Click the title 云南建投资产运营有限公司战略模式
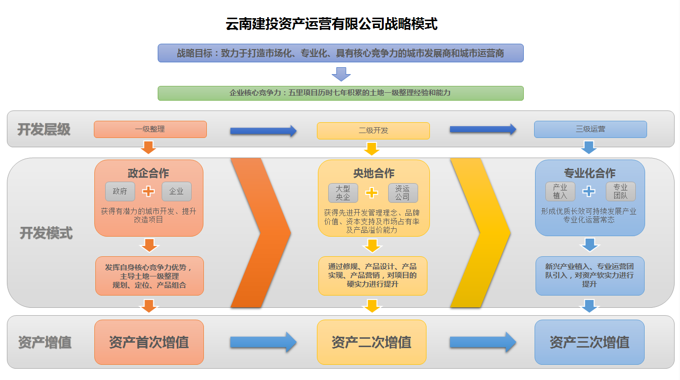(x=332, y=24)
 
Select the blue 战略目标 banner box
(x=340, y=53)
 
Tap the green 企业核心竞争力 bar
(x=340, y=93)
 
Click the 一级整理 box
(x=150, y=130)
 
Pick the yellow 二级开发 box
(x=373, y=131)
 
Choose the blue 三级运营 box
(x=590, y=130)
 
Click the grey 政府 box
(x=120, y=191)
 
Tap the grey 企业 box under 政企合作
(x=176, y=191)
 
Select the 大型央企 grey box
(x=343, y=193)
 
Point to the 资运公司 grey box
(x=402, y=193)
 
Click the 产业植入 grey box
(x=560, y=191)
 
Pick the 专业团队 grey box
(x=620, y=191)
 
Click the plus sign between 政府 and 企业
(x=148, y=191)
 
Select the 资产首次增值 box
(x=149, y=342)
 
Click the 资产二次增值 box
(x=371, y=342)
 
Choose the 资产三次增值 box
(x=589, y=342)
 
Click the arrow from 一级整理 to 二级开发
(x=263, y=131)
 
